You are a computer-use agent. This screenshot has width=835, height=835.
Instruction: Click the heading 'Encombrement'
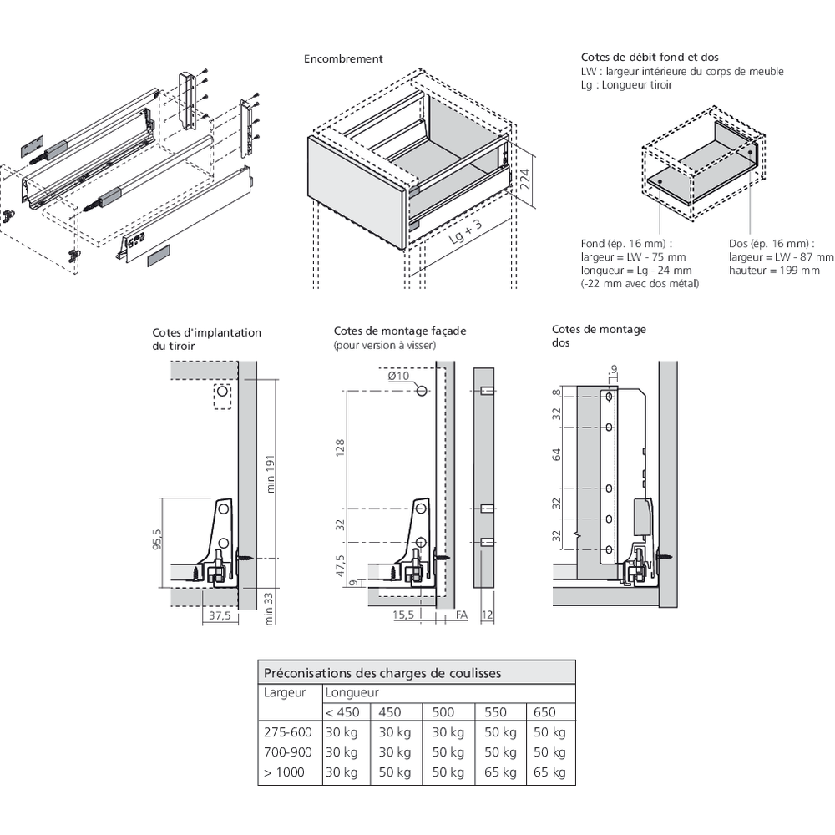tap(343, 59)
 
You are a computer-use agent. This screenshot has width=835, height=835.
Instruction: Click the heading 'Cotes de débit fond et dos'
tap(650, 58)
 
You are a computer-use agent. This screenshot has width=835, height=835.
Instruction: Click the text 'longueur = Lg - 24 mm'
tap(636, 271)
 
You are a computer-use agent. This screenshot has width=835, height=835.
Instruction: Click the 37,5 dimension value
tap(218, 615)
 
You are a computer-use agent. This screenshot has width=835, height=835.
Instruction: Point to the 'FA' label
tap(462, 615)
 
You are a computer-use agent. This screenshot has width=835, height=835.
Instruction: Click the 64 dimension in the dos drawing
tap(557, 454)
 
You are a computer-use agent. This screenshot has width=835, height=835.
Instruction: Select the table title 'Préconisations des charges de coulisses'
tap(382, 672)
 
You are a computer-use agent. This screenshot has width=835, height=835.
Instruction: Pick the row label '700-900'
tap(288, 752)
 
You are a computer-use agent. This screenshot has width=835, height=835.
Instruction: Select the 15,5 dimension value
tap(404, 615)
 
